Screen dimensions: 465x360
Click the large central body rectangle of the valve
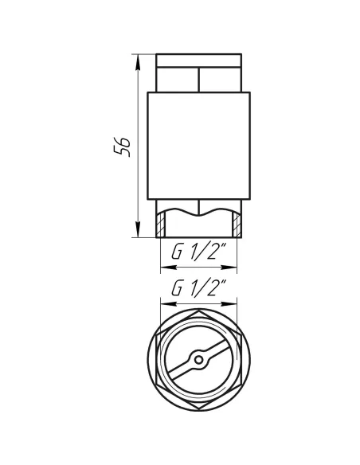tap(199, 146)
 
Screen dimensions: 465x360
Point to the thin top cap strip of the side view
tap(199, 60)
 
